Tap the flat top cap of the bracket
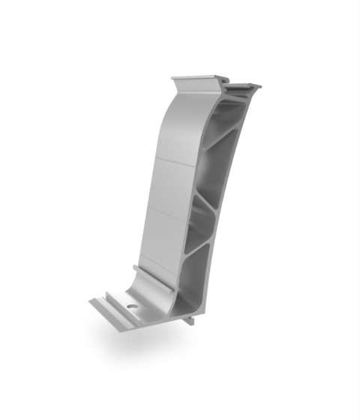(x=196, y=79)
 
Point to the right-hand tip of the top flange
(x=259, y=87)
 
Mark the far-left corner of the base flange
(x=89, y=302)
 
